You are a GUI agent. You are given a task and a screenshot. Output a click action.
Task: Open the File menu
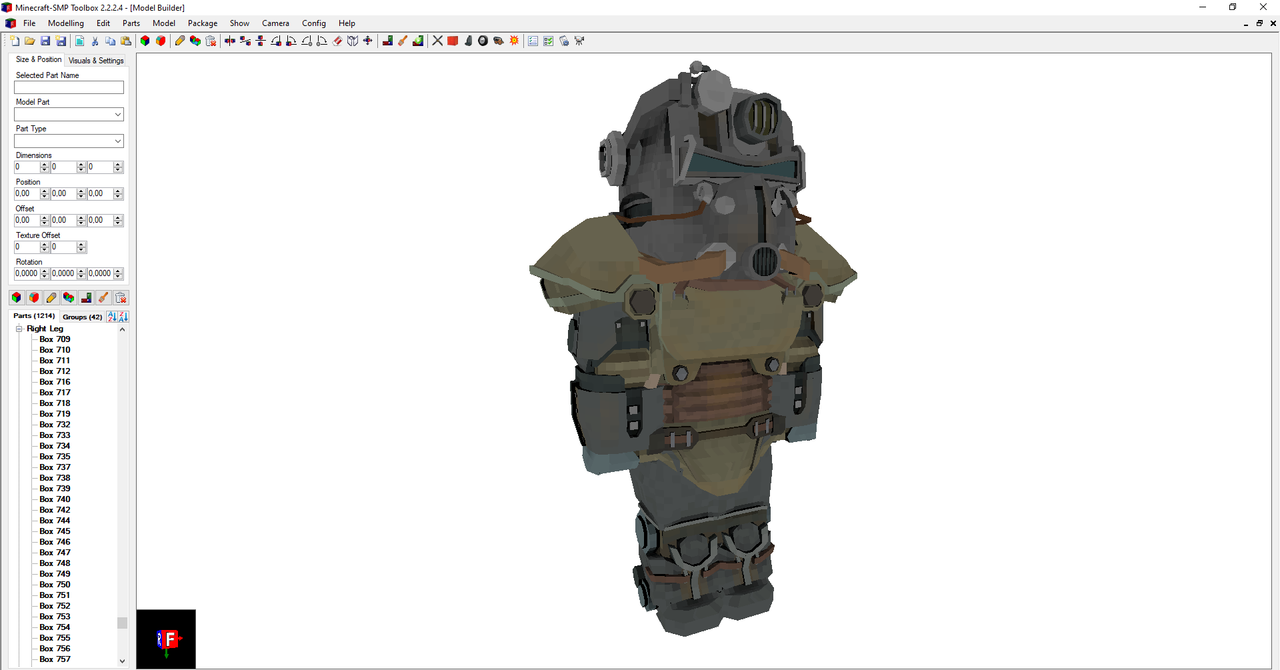pyautogui.click(x=29, y=23)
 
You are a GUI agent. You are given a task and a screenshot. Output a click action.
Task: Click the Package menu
pyautogui.click(x=202, y=23)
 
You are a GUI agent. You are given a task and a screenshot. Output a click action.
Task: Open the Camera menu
pyautogui.click(x=275, y=23)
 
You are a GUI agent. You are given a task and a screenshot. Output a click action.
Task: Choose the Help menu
pyautogui.click(x=347, y=23)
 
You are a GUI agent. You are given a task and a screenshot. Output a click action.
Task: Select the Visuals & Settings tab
pyautogui.click(x=96, y=60)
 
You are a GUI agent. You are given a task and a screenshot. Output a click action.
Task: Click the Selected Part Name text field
pyautogui.click(x=69, y=88)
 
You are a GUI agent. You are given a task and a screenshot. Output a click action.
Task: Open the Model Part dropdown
pyautogui.click(x=69, y=115)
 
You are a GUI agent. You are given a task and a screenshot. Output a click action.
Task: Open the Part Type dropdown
pyautogui.click(x=69, y=142)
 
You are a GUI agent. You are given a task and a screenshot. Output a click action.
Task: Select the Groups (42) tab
pyautogui.click(x=82, y=317)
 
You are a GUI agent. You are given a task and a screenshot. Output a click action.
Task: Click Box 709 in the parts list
pyautogui.click(x=55, y=339)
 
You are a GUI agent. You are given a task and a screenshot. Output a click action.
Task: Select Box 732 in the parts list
pyautogui.click(x=55, y=425)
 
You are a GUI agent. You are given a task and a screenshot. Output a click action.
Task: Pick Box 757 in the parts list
pyautogui.click(x=55, y=659)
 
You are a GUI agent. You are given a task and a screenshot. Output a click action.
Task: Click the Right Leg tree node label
pyautogui.click(x=45, y=328)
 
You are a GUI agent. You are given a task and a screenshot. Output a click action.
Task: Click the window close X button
pyautogui.click(x=1262, y=7)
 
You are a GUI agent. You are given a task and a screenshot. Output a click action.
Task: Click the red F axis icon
pyautogui.click(x=169, y=638)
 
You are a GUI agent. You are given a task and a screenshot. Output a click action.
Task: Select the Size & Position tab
pyautogui.click(x=39, y=59)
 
